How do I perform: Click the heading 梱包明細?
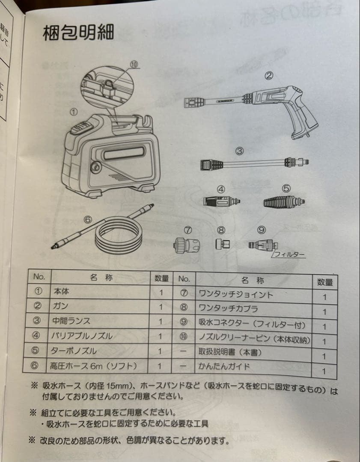click(78, 33)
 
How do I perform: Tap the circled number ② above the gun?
click(268, 76)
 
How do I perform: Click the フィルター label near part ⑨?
click(289, 255)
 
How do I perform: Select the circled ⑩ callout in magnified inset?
click(134, 65)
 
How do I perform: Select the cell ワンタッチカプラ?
click(228, 308)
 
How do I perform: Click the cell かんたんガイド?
click(224, 367)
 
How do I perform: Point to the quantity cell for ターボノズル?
click(161, 351)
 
